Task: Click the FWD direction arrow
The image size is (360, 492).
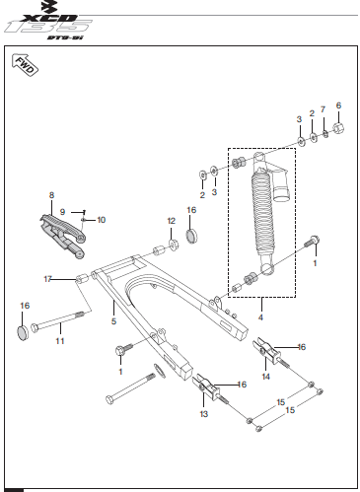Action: point(25,65)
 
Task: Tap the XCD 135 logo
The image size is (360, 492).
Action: point(49,22)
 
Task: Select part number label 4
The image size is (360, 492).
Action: point(260,317)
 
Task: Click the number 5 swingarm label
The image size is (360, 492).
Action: point(113,321)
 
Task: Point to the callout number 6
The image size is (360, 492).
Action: point(338,105)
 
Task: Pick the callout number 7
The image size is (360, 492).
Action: point(323,109)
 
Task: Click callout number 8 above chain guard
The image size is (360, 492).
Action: point(51,195)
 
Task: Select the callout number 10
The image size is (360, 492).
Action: point(102,220)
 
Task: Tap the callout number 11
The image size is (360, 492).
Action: point(60,341)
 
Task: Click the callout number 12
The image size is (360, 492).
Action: point(172,221)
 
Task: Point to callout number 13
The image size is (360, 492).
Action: point(204,414)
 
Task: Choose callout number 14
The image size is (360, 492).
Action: point(265,377)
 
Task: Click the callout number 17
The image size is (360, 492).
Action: point(48,279)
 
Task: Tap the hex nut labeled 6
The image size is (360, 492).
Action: point(338,127)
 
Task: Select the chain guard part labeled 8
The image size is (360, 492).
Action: point(62,236)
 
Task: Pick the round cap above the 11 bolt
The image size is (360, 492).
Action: point(23,333)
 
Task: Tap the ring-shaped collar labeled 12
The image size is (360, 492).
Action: point(174,245)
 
